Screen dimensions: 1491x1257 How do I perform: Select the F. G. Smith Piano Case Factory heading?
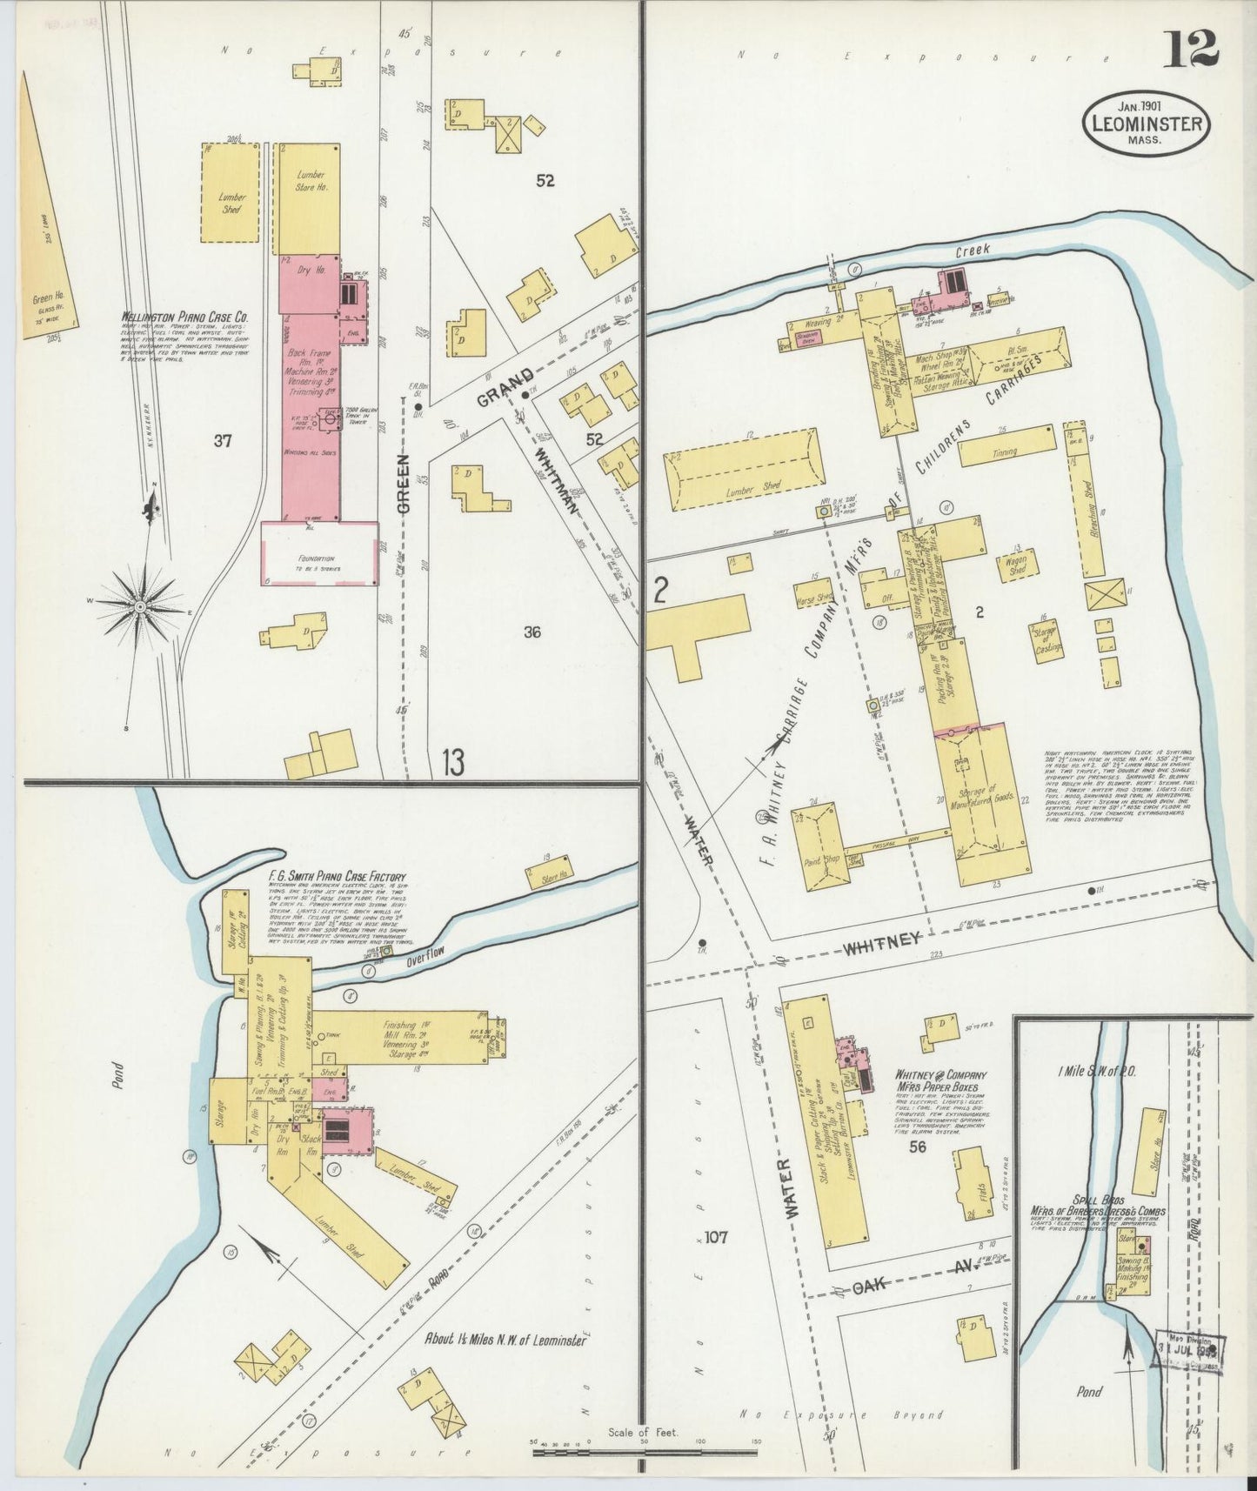click(338, 877)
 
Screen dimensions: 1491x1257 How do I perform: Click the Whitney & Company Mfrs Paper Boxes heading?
click(938, 1081)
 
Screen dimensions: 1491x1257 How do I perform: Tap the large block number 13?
click(451, 763)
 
